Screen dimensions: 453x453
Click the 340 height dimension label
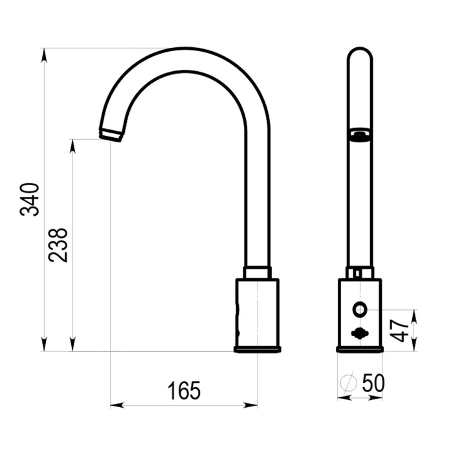point(29,199)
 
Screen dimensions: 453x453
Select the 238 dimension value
point(58,245)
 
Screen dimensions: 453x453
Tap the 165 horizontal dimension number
point(184,391)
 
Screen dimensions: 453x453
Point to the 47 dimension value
point(399,331)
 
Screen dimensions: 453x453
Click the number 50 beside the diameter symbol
point(373,383)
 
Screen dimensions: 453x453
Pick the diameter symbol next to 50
point(348,383)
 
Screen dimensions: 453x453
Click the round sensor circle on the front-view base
point(360,310)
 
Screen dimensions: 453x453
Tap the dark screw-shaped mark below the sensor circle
point(360,333)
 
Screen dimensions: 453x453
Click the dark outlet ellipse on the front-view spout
point(360,135)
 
